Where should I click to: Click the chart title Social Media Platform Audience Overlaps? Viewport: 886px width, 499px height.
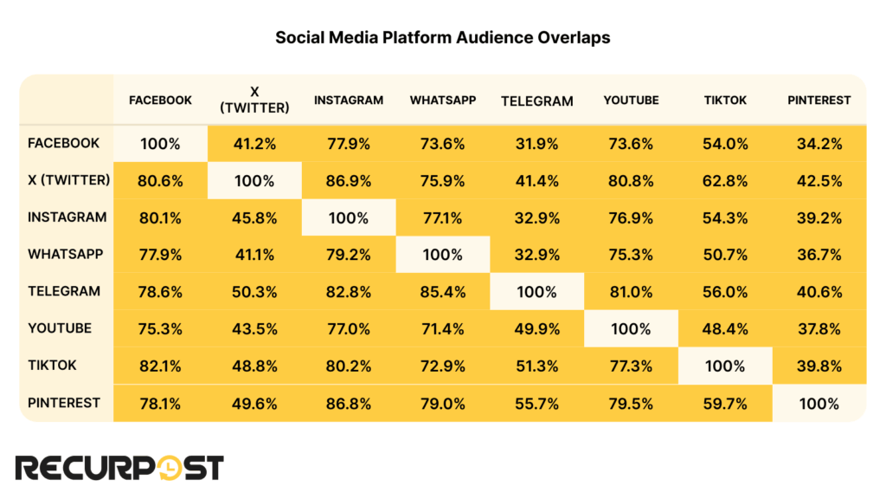(x=442, y=38)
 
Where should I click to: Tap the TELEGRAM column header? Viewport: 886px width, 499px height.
(x=536, y=100)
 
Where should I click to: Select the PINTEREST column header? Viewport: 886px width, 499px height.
(x=819, y=100)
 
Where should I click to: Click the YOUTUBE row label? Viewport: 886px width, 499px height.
(x=59, y=328)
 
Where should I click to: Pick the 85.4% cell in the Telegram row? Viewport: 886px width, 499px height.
(x=442, y=292)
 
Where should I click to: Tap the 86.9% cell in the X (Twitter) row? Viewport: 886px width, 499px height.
(x=348, y=181)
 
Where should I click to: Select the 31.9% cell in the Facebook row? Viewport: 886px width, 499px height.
(x=536, y=144)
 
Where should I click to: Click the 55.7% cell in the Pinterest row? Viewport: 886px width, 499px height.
(x=536, y=403)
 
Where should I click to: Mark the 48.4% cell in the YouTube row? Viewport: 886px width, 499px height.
(x=725, y=329)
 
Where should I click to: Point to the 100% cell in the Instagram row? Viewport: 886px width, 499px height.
(x=348, y=218)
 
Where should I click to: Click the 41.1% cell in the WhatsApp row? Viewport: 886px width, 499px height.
(x=254, y=255)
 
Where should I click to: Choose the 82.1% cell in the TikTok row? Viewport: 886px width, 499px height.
(x=160, y=366)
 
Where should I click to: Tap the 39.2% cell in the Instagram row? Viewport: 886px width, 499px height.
(x=819, y=218)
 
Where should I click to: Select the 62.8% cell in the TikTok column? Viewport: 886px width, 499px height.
(x=725, y=181)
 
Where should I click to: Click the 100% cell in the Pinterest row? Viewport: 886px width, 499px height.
(x=819, y=403)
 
